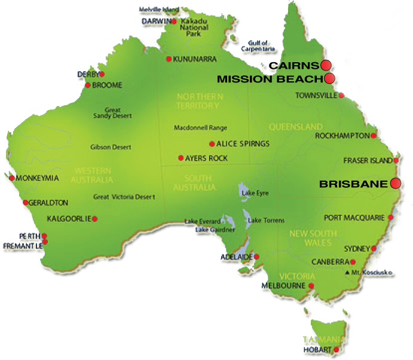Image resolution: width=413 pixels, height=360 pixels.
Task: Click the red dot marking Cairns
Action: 326,65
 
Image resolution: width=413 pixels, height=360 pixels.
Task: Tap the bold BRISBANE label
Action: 354,185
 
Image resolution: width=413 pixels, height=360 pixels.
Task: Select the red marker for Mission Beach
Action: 329,78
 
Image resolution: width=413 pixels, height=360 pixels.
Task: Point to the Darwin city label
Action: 156,21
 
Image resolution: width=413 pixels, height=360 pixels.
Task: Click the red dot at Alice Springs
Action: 212,144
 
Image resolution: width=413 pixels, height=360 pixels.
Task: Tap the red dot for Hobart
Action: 336,349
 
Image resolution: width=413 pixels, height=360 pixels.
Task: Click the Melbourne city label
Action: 283,286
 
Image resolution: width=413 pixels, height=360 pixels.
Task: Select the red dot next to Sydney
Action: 374,248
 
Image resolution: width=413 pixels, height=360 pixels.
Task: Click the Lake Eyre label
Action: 252,194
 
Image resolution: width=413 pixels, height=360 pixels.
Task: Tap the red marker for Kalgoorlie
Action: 94,218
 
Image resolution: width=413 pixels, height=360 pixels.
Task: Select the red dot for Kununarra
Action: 169,59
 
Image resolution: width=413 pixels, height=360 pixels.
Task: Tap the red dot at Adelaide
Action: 257,257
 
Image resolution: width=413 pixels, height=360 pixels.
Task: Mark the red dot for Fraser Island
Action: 396,160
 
